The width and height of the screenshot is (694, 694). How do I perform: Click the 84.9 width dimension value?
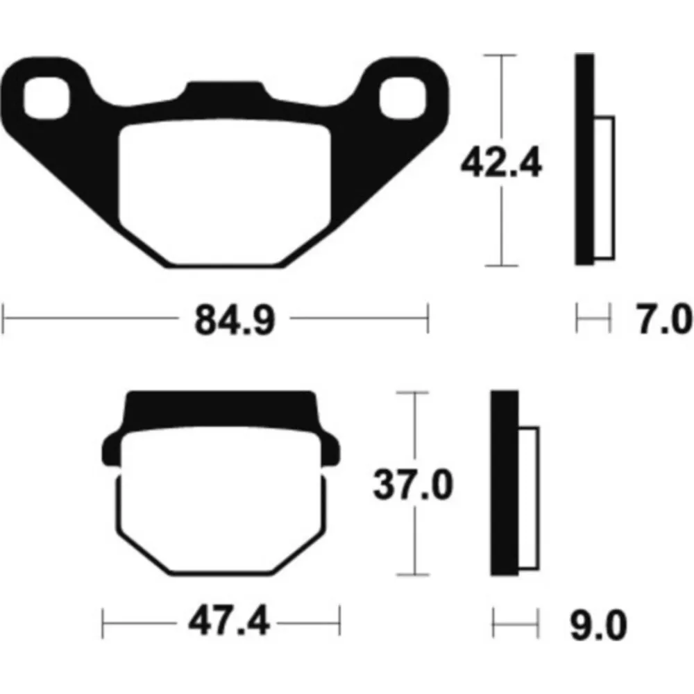point(235,319)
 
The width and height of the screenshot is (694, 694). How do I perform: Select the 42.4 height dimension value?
point(501,162)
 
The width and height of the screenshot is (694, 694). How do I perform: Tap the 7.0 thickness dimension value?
point(663,319)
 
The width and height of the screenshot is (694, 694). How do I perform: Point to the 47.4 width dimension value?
point(228,621)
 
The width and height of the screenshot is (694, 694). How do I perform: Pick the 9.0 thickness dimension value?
point(599,625)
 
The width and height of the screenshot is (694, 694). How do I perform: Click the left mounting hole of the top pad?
point(46,98)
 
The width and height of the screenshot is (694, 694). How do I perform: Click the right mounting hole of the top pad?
point(403,98)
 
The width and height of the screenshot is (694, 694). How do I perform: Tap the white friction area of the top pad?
point(225,190)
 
